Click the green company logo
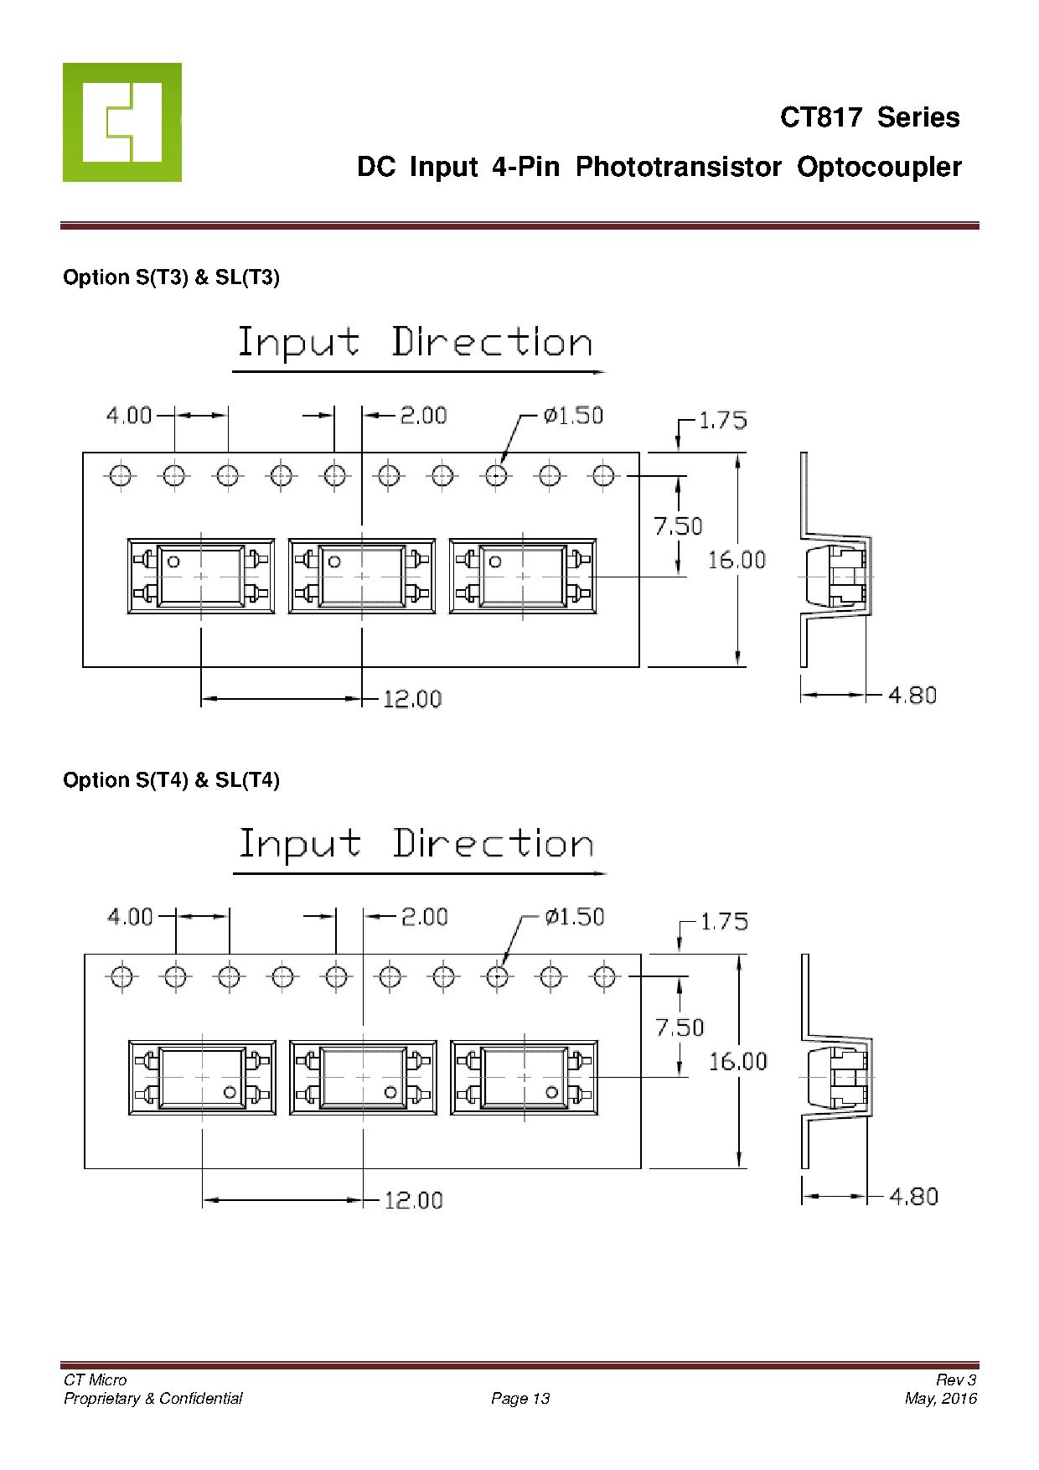122,122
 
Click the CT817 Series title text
870,117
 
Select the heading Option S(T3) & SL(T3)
171,277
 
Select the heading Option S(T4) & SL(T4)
171,780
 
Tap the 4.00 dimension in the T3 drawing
129,415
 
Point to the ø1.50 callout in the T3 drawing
573,416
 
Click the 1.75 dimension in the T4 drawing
723,922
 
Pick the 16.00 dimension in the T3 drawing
737,560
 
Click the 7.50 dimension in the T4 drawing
680,1027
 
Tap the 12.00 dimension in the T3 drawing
412,699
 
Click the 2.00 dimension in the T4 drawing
425,917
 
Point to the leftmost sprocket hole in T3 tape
120,476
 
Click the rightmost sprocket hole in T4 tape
604,976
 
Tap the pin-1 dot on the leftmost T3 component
173,562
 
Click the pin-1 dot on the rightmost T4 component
551,1091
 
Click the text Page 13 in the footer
520,1398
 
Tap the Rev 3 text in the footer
956,1380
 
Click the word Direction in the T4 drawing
493,845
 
